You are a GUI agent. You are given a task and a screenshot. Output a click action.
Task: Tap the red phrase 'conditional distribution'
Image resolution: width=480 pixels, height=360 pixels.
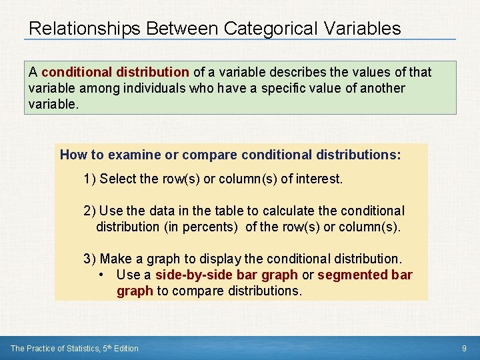pyautogui.click(x=115, y=72)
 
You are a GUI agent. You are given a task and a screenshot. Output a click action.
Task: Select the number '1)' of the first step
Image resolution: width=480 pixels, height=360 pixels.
pyautogui.click(x=89, y=179)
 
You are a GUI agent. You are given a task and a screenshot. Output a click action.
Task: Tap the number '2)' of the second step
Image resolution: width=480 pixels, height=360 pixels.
pyautogui.click(x=89, y=211)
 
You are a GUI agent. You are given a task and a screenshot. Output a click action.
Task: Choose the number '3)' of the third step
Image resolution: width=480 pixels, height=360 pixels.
pyautogui.click(x=89, y=259)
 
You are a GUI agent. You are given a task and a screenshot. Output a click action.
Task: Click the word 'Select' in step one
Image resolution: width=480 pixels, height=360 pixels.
pyautogui.click(x=117, y=179)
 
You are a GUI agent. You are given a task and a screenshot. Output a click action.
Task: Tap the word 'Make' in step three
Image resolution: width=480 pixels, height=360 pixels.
pyautogui.click(x=117, y=259)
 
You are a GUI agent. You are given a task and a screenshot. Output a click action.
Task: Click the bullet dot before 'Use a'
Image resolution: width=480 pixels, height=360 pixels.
pyautogui.click(x=99, y=275)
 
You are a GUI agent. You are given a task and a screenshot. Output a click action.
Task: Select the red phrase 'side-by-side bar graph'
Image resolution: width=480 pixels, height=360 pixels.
pyautogui.click(x=227, y=275)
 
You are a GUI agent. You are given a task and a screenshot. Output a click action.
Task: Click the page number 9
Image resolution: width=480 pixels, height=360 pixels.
pyautogui.click(x=464, y=348)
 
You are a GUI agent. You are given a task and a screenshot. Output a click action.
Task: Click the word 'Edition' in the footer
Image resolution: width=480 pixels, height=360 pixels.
pyautogui.click(x=125, y=348)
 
